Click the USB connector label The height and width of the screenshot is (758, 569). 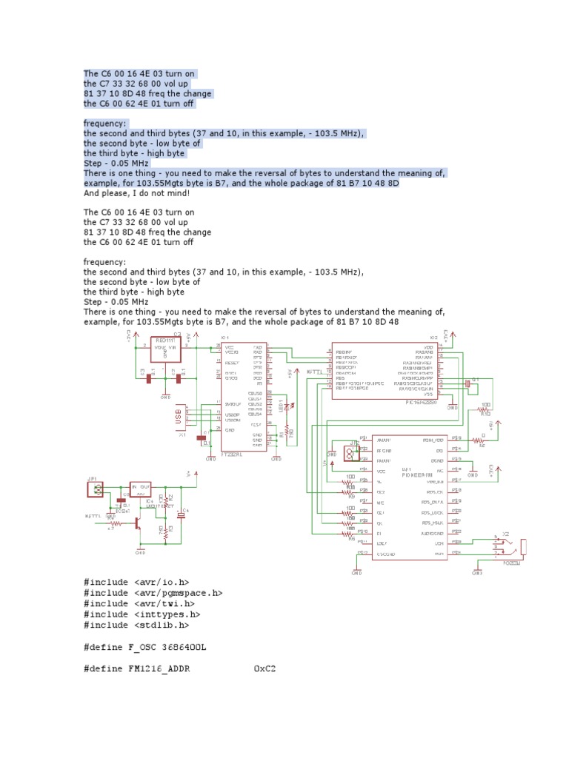pyautogui.click(x=179, y=417)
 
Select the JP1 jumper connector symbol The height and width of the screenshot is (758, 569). pyautogui.click(x=93, y=489)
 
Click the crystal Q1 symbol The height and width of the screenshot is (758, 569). pyautogui.click(x=468, y=383)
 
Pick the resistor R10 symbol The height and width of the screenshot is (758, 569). pyautogui.click(x=485, y=412)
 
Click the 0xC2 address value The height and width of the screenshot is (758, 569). pyautogui.click(x=264, y=668)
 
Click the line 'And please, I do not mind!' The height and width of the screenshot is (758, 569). pyautogui.click(x=137, y=193)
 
